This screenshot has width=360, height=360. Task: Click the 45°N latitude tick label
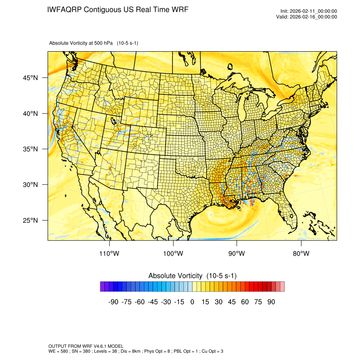[30, 78]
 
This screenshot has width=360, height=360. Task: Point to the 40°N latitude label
[30, 114]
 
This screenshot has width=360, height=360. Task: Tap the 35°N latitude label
[30, 149]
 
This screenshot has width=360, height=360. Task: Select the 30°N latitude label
[30, 185]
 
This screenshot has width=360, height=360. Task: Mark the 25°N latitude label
[30, 220]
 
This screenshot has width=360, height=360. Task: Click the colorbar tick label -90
[113, 302]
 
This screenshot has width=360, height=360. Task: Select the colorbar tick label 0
[192, 302]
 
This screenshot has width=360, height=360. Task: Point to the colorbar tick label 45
[232, 302]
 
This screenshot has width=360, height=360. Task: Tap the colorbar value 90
[271, 302]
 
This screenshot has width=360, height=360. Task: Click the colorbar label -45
[152, 302]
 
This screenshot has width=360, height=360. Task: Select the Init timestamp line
[309, 11]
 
